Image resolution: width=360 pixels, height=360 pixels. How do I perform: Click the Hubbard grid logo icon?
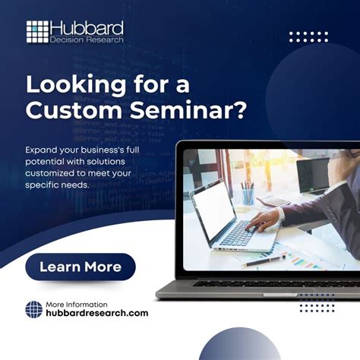tap(37, 32)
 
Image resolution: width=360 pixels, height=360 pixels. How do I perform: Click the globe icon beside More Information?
tap(33, 309)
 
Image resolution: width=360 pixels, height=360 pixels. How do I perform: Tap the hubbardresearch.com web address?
tap(97, 313)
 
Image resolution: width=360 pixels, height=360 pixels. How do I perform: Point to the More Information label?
tap(77, 303)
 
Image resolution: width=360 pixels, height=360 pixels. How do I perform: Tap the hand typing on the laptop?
tap(263, 220)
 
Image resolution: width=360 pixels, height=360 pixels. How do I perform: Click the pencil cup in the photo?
tap(248, 196)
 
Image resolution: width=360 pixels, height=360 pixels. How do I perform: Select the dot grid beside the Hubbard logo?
tap(308, 36)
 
